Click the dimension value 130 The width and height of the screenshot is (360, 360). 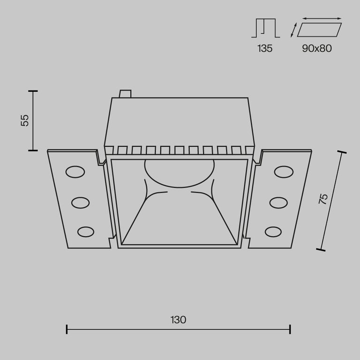tap(178, 320)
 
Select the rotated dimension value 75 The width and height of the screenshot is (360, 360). tap(323, 199)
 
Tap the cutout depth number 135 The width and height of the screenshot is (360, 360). tap(265, 48)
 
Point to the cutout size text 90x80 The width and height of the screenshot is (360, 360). tap(317, 48)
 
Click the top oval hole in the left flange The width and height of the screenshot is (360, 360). tap(74, 172)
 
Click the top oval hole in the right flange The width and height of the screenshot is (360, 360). tap(284, 172)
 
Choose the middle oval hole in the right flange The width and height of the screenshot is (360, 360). tap(278, 202)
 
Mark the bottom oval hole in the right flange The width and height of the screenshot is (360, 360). tap(273, 232)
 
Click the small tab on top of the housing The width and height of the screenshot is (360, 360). tap(126, 94)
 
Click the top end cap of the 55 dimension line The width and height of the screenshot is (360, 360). tap(32, 91)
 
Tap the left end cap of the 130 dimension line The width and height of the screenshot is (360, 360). tap(67, 329)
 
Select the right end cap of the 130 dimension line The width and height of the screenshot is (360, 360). tap(290, 329)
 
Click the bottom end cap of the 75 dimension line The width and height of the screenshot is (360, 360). tap(321, 250)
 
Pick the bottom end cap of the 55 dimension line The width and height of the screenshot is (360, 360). tap(32, 150)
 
